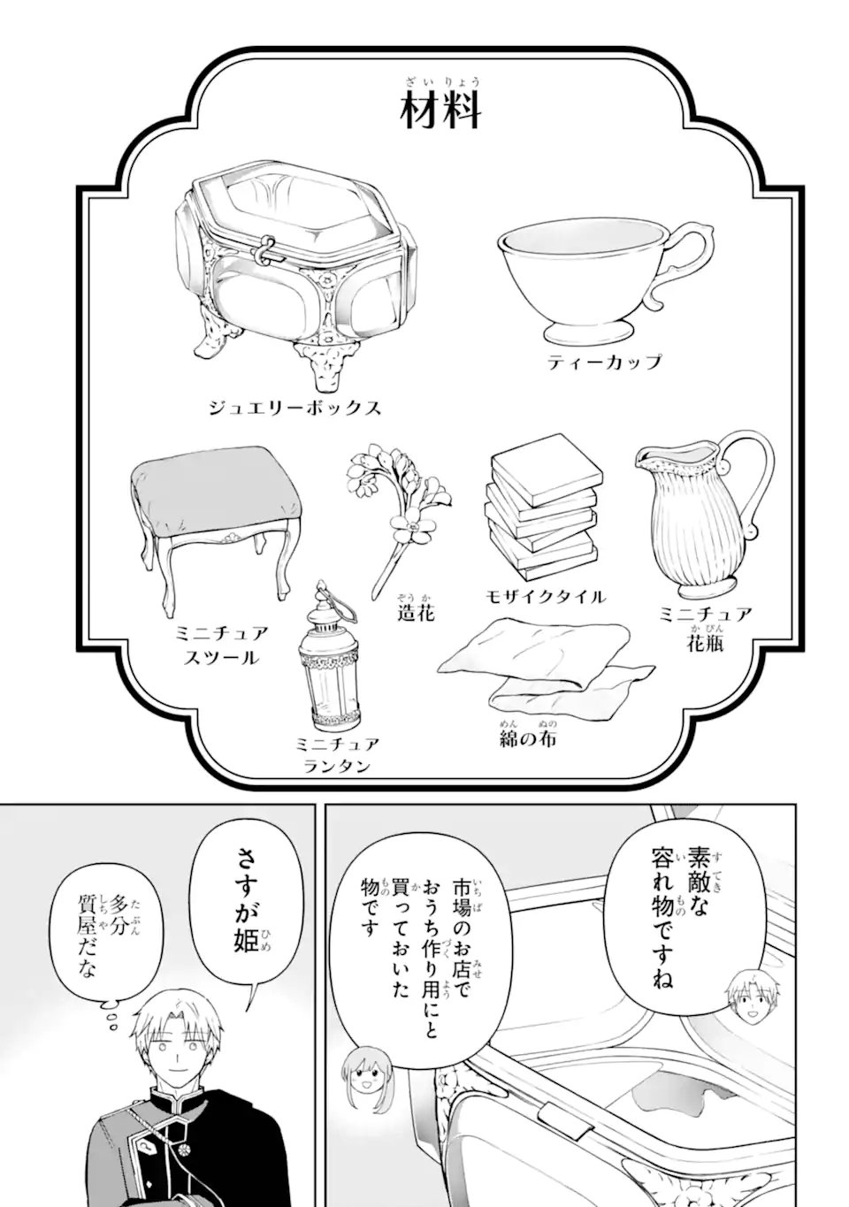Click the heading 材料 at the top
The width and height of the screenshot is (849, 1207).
(x=440, y=112)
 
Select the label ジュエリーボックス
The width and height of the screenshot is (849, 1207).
(x=294, y=408)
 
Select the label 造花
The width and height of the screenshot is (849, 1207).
(x=416, y=612)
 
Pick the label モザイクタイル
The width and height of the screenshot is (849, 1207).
(x=545, y=596)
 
